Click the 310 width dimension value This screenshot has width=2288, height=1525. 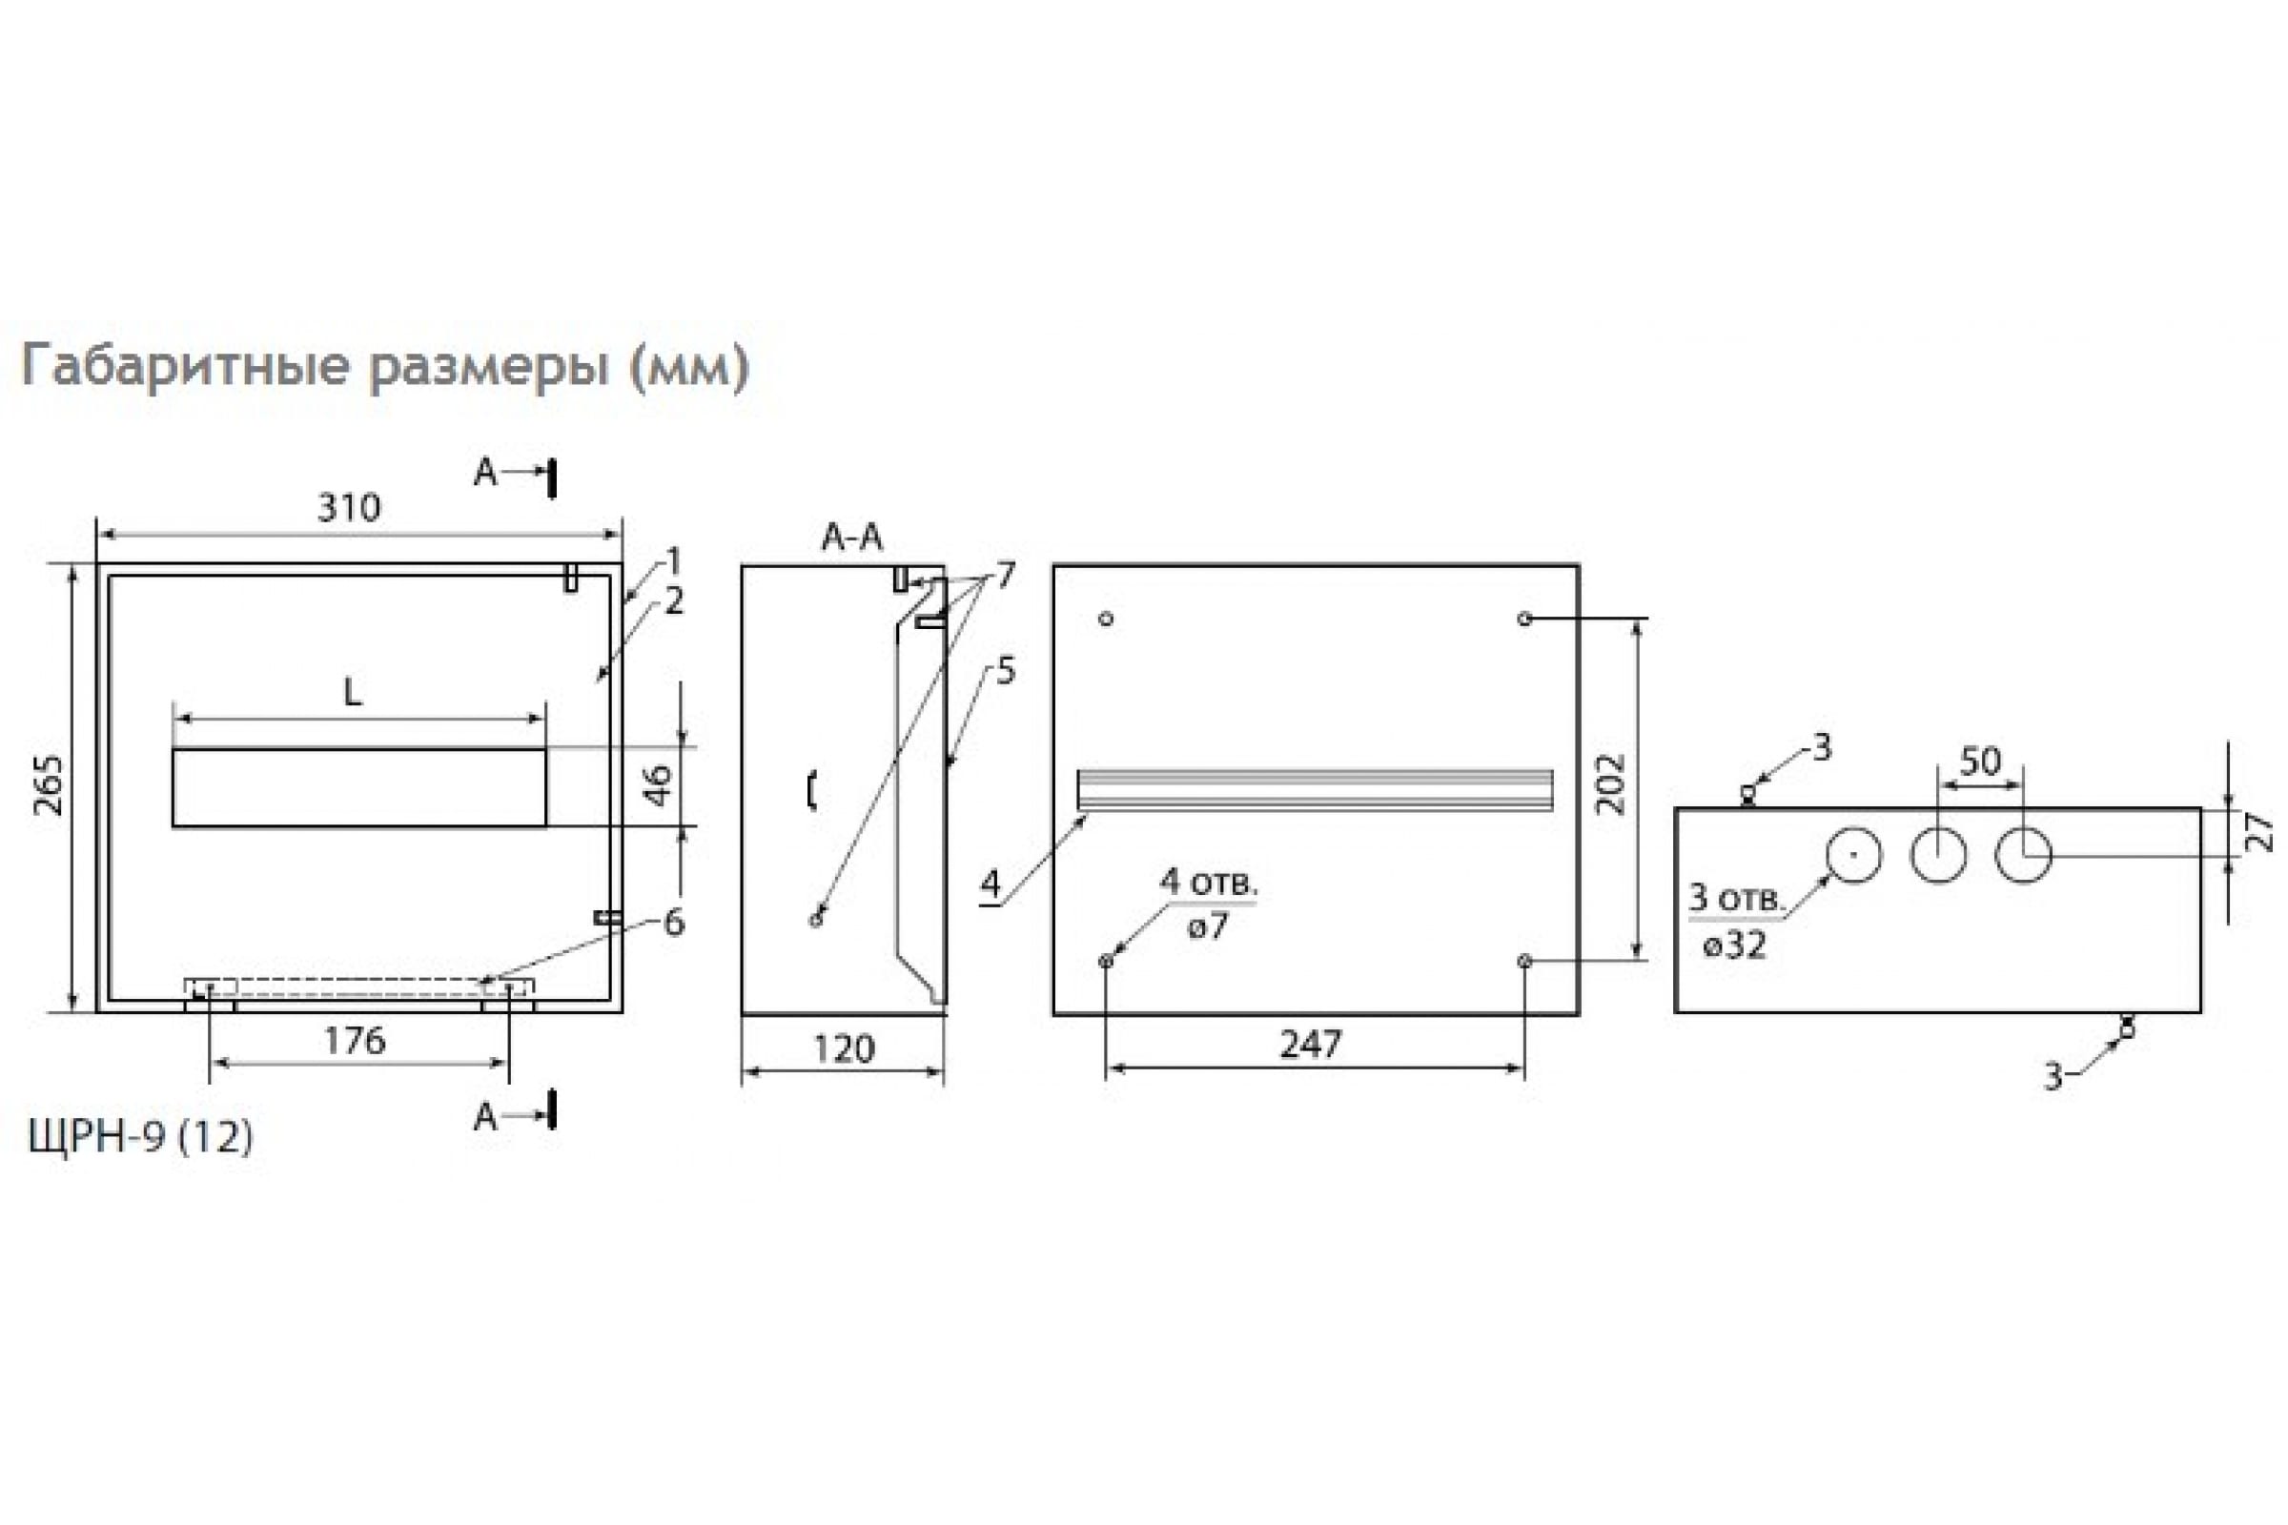tap(349, 508)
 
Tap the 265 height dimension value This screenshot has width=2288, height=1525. tap(48, 784)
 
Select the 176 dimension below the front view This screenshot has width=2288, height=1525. tap(354, 1041)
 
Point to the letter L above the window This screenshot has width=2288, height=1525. tap(353, 693)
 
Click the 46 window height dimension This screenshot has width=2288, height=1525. tap(659, 784)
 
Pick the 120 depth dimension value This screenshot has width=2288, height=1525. tap(844, 1048)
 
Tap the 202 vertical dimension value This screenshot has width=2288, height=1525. tap(1612, 784)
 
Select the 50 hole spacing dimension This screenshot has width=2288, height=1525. tap(1981, 762)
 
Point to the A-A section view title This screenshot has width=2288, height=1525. tap(852, 538)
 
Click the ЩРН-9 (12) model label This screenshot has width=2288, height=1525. tap(141, 1136)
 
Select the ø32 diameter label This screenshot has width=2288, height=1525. tap(1734, 945)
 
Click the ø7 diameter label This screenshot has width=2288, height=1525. tap(1207, 925)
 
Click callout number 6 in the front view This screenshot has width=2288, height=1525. tap(673, 922)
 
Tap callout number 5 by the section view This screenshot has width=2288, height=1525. tap(1005, 671)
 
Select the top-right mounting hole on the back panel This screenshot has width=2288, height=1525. tap(1524, 619)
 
